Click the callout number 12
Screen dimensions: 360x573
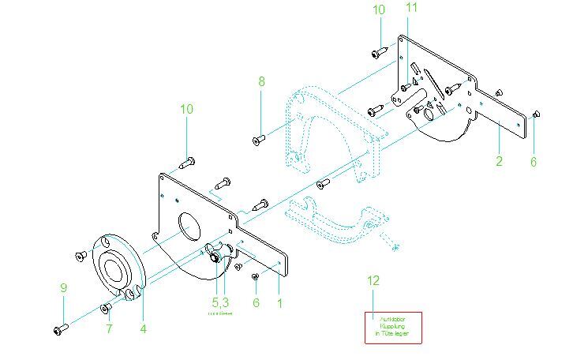373,280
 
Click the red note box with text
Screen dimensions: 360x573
393,327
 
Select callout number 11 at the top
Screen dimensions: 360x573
411,8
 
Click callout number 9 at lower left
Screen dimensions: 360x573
63,288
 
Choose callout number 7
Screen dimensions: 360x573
110,327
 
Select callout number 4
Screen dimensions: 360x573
143,327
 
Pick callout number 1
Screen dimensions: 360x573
278,302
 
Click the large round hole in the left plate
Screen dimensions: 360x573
189,227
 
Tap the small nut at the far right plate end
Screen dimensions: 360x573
537,114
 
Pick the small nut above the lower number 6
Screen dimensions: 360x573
255,276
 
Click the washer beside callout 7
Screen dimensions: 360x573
105,307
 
